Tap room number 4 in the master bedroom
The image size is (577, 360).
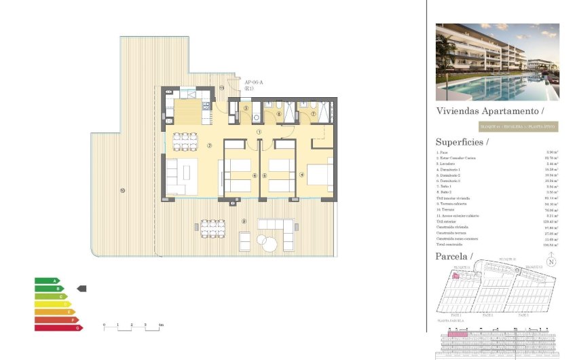pyautogui.click(x=301, y=175)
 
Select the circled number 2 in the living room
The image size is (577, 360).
pyautogui.click(x=210, y=145)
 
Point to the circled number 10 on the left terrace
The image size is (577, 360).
pyautogui.click(x=122, y=190)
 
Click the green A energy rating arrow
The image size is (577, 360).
pyautogui.click(x=47, y=280)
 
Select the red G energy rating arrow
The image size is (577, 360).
pyautogui.click(x=58, y=327)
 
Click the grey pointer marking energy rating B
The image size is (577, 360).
pyautogui.click(x=81, y=289)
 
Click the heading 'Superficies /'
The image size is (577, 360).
pyautogui.click(x=461, y=142)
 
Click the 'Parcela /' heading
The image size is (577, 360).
pyautogui.click(x=453, y=257)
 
